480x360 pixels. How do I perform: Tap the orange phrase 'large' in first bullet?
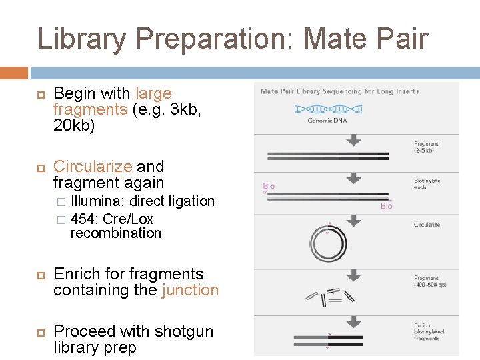[x=153, y=93]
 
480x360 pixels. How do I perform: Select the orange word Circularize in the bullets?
[x=89, y=166]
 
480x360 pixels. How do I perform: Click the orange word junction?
[x=190, y=290]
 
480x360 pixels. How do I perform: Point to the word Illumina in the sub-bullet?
[x=98, y=201]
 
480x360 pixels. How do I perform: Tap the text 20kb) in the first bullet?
[x=74, y=125]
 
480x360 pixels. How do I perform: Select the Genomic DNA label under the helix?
[x=327, y=121]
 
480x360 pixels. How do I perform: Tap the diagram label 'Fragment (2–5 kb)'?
[x=427, y=147]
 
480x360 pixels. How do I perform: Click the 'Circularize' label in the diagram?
[x=427, y=225]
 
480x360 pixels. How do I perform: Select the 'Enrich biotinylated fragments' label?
[x=428, y=332]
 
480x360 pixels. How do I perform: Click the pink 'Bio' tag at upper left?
[x=269, y=186]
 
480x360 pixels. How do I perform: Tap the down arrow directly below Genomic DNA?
[x=354, y=139]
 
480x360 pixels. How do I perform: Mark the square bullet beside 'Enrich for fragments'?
[x=39, y=275]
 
